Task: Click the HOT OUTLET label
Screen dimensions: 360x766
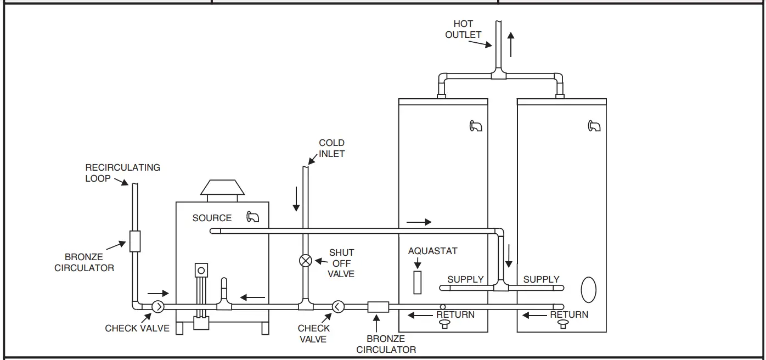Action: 463,29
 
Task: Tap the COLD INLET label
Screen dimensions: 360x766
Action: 331,148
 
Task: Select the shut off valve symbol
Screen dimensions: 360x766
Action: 306,261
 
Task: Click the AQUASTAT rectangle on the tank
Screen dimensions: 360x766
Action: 418,282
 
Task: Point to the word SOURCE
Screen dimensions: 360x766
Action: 212,218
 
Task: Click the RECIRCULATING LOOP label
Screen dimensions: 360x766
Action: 122,172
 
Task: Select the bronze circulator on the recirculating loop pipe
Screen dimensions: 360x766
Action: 135,241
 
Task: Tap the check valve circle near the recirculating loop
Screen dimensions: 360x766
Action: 157,307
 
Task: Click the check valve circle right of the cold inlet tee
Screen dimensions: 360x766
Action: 338,306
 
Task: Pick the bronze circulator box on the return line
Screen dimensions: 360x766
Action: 378,306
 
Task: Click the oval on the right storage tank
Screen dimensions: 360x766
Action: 588,290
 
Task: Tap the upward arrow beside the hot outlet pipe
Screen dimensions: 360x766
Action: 511,44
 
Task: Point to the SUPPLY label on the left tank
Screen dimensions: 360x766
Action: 465,279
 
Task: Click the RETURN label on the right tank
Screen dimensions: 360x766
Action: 569,314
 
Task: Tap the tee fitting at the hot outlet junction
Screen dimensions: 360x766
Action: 498,76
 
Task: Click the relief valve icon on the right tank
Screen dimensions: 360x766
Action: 594,126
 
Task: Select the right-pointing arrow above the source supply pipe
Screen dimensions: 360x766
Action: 419,222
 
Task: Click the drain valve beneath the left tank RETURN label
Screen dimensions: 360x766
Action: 443,324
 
